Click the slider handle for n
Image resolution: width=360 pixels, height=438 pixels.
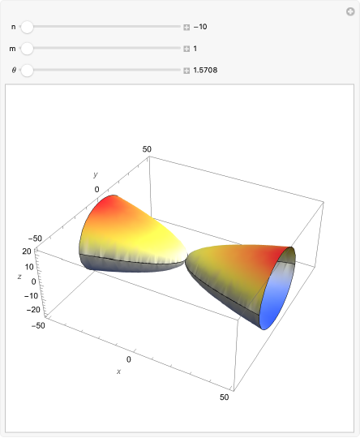(x=27, y=27)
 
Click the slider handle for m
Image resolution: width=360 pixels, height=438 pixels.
(x=27, y=49)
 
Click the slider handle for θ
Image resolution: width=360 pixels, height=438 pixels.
(x=27, y=71)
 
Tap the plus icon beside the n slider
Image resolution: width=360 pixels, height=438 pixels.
(x=186, y=27)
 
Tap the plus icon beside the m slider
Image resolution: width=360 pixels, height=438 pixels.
(x=186, y=49)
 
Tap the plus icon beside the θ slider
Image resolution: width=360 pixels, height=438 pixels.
(x=186, y=71)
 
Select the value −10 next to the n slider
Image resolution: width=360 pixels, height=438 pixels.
(x=200, y=27)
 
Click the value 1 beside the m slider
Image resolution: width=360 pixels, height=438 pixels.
(x=195, y=49)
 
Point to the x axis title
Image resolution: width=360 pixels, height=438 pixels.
(x=118, y=371)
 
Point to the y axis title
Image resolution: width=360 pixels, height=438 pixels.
(x=95, y=174)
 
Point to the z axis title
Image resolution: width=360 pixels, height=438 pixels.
(x=19, y=277)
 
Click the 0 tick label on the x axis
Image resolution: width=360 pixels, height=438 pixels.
(x=128, y=358)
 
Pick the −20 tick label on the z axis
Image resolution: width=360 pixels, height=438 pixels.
(x=32, y=309)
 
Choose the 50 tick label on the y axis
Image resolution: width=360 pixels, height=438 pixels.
(x=148, y=148)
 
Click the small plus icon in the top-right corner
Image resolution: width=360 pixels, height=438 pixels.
(x=350, y=11)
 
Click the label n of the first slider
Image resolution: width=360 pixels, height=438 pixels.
(x=12, y=27)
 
